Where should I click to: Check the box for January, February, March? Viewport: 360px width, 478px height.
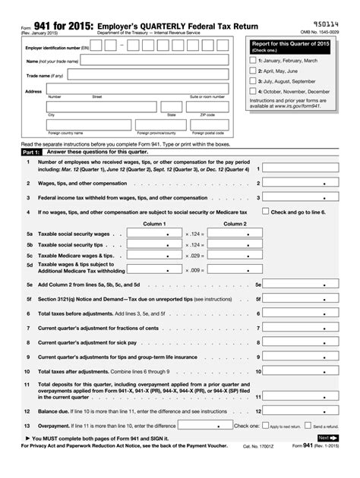coord(254,59)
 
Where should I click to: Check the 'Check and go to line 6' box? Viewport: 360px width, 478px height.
coord(266,212)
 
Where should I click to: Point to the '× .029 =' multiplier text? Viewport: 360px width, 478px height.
coord(195,256)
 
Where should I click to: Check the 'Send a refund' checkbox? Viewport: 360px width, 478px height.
coord(309,426)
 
